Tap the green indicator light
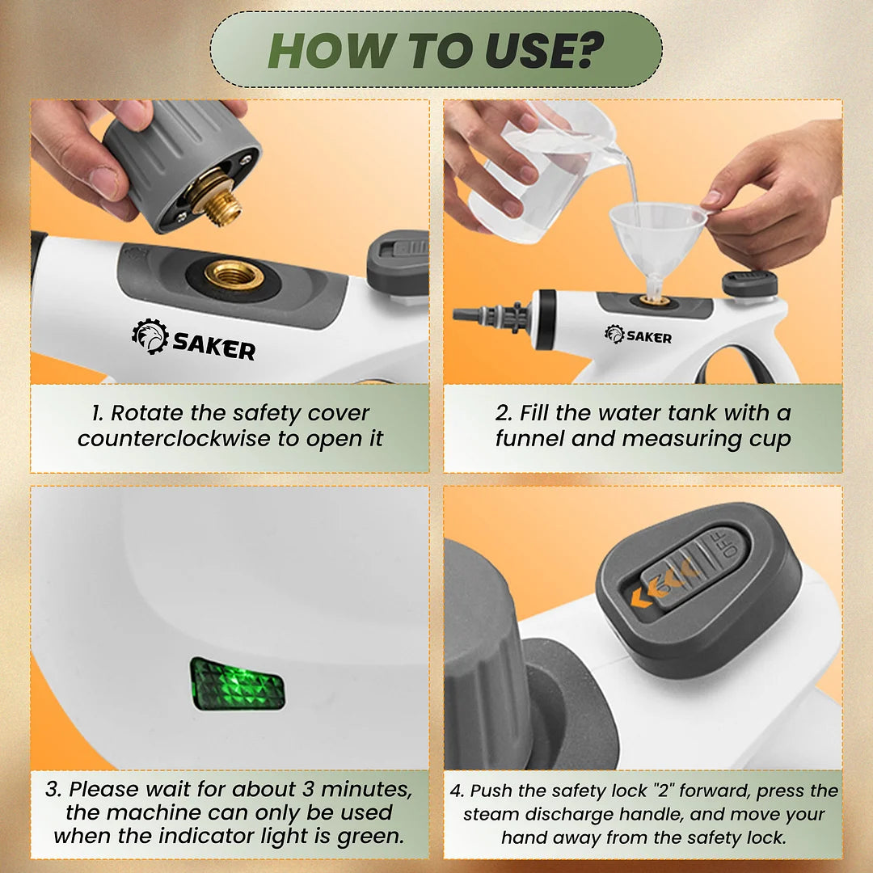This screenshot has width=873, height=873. pos(238,684)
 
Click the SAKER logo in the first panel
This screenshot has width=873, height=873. pos(194,339)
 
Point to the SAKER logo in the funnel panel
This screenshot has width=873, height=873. pos(638,334)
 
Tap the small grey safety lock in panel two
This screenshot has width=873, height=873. pos(749,283)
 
